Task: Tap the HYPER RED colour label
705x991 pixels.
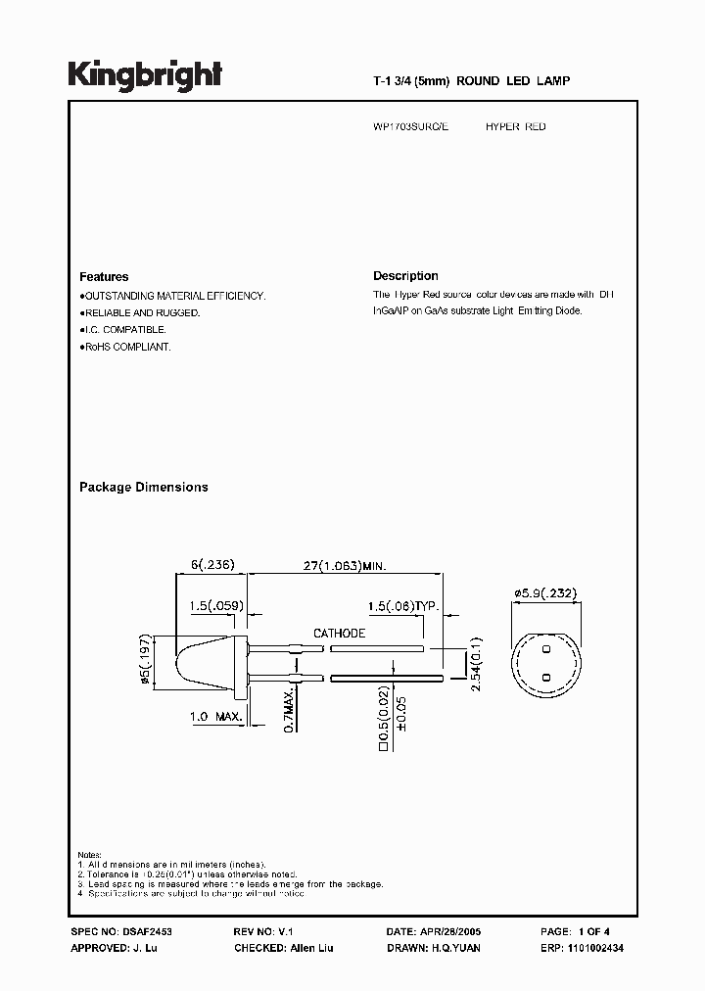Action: tap(516, 127)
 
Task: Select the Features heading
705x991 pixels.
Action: tap(104, 277)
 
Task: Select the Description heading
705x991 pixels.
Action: tap(405, 276)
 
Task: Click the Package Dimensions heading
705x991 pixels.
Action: tap(143, 487)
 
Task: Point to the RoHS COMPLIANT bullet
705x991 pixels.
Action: tap(125, 348)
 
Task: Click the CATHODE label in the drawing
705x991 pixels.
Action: tap(339, 633)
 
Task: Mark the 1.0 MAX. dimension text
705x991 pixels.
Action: tap(215, 718)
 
